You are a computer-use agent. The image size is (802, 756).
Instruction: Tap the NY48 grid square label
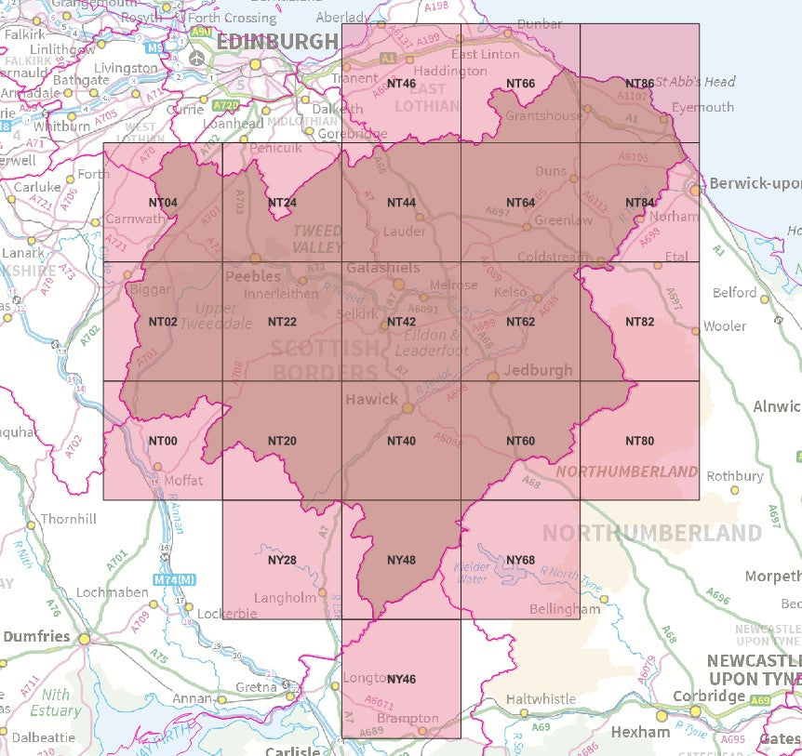(401, 560)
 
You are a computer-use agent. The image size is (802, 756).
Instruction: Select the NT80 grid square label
(639, 441)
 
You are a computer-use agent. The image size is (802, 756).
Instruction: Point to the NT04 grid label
(163, 203)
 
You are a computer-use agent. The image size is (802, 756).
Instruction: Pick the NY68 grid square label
(520, 560)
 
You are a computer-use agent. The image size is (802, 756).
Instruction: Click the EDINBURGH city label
(277, 42)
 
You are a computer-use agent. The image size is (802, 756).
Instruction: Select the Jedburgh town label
(538, 370)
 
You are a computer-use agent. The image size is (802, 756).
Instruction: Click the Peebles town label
(253, 276)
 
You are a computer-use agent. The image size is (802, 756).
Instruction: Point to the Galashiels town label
(382, 268)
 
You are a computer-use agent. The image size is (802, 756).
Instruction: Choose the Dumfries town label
(36, 637)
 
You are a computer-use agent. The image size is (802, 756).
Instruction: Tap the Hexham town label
(640, 732)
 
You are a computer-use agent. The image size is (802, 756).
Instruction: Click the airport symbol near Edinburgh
(196, 58)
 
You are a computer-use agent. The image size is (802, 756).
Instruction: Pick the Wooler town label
(726, 326)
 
